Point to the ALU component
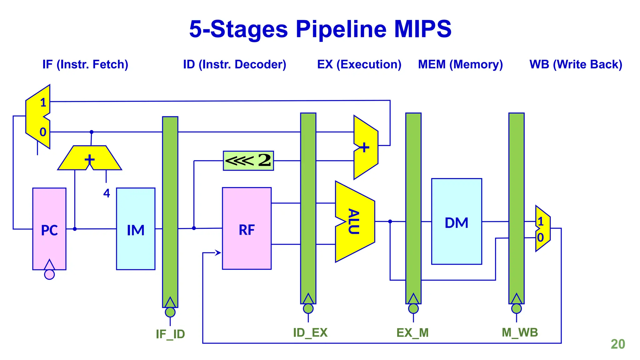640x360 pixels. coord(355,222)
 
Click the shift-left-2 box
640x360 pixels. coord(248,161)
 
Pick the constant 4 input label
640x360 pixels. coord(107,193)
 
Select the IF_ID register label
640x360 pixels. coord(170,334)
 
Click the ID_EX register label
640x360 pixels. coord(310,332)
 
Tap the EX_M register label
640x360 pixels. coord(412,332)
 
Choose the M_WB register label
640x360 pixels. coord(520,332)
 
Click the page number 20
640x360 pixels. coord(617,344)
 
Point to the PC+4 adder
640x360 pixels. coord(90,159)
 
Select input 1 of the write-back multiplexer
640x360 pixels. coord(541,222)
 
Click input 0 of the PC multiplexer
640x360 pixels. coord(43,132)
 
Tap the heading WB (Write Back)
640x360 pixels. coord(576,64)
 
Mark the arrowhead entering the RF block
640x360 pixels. coord(218,252)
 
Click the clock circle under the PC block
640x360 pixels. coord(49,274)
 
